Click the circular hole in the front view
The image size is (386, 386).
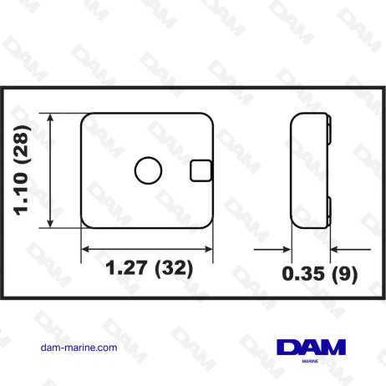[149, 170]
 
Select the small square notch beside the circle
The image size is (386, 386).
[201, 170]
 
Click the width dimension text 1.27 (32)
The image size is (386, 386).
[149, 268]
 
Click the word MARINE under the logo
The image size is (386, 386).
[308, 362]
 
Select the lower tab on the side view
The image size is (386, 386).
[329, 210]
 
